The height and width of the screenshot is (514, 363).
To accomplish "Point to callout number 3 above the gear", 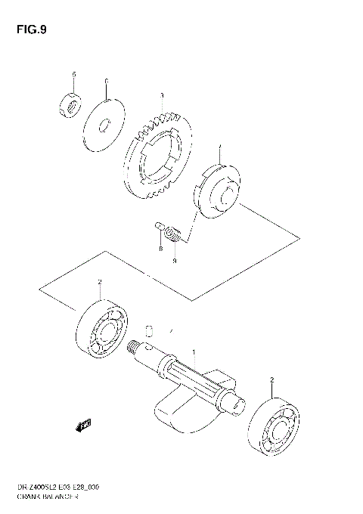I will coord(161,96).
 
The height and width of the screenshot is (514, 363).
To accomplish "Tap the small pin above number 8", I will coord(159,224).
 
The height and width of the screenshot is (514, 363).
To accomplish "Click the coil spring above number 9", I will coord(174,235).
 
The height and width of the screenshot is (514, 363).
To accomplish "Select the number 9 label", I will coord(174,261).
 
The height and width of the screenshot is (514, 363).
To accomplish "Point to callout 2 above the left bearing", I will coord(100,282).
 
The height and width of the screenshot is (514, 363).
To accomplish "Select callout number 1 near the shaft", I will coord(194,352).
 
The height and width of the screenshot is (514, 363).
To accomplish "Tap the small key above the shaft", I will coord(149,329).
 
